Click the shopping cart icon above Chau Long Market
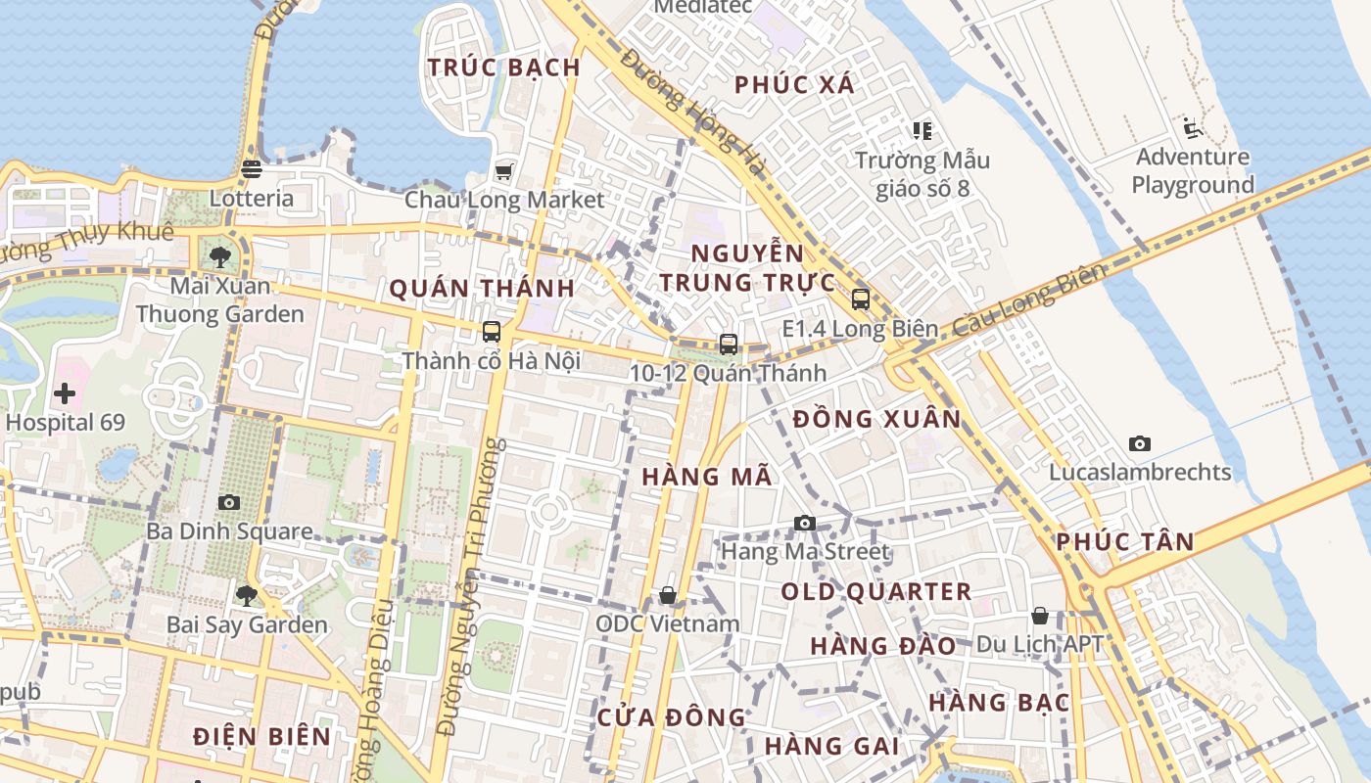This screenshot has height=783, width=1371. click(x=503, y=172)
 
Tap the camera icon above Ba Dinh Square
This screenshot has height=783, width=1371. click(x=229, y=503)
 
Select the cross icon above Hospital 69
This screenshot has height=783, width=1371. click(x=65, y=394)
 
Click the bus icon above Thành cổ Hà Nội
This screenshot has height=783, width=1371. click(x=492, y=332)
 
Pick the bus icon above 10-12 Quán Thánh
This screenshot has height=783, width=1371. click(x=728, y=344)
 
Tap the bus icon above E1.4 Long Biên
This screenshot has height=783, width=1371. click(x=861, y=299)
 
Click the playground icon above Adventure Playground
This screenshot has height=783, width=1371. click(x=1192, y=128)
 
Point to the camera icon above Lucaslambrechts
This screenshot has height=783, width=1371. click(x=1139, y=444)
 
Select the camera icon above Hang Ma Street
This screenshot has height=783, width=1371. click(x=805, y=524)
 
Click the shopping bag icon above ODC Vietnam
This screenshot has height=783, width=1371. click(x=668, y=595)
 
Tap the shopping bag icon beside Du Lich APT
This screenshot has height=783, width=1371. click(x=1040, y=616)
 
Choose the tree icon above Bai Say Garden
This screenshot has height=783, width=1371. click(x=246, y=595)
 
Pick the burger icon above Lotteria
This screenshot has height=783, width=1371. click(x=251, y=169)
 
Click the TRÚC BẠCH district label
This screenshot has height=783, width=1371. click(x=504, y=68)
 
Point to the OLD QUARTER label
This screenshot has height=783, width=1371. click(x=876, y=592)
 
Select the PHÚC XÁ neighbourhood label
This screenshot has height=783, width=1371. click(x=795, y=85)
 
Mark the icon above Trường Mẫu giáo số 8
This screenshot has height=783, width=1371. click(x=922, y=130)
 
